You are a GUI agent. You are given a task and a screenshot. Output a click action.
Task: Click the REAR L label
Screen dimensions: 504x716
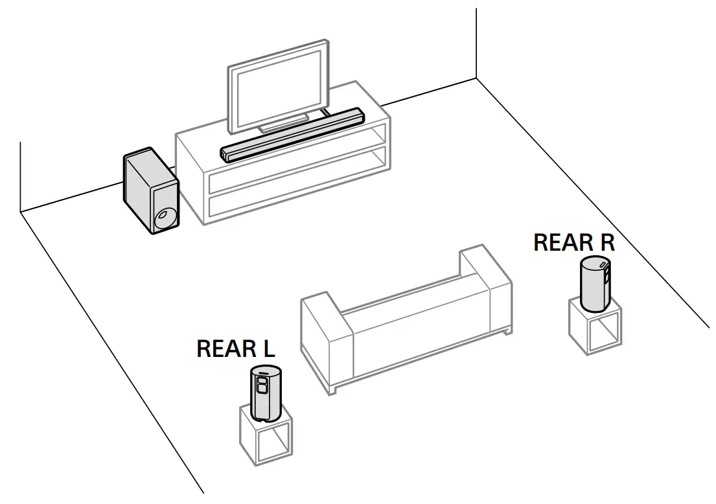pyautogui.click(x=235, y=349)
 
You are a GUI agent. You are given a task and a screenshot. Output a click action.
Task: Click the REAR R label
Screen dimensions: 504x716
pyautogui.click(x=573, y=243)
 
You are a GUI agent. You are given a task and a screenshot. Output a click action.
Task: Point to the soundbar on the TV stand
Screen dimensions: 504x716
pyautogui.click(x=292, y=134)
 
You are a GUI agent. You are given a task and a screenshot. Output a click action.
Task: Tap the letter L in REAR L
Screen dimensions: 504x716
pyautogui.click(x=268, y=349)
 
